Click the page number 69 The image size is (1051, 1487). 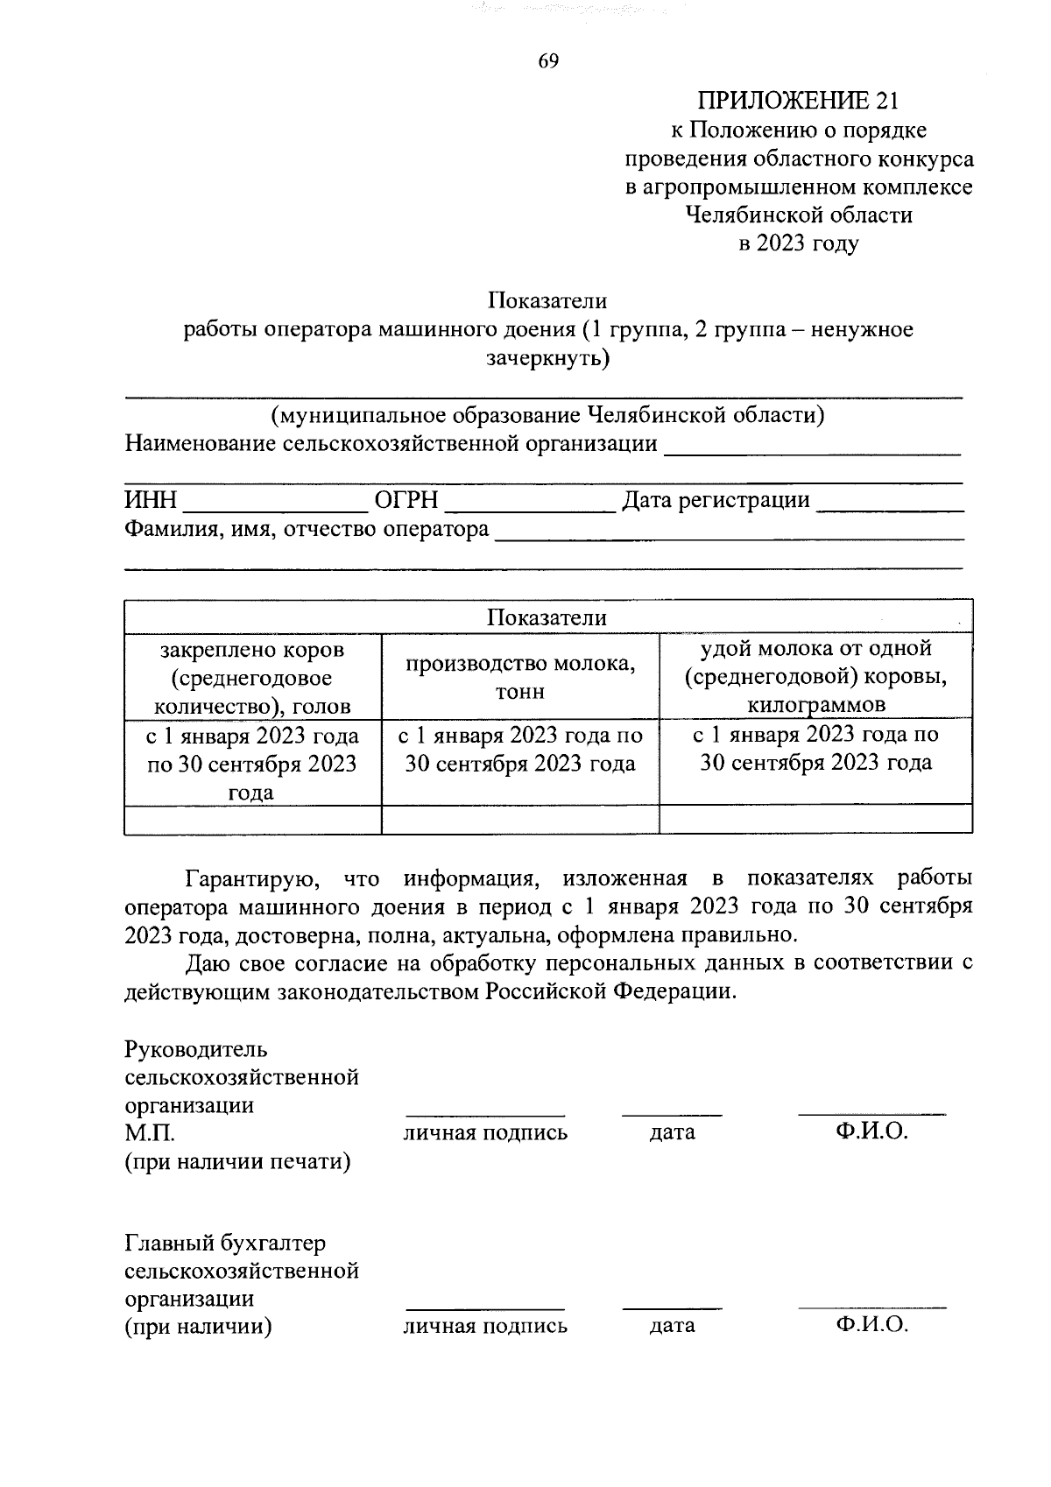click(548, 60)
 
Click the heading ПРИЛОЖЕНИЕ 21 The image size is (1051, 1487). click(797, 101)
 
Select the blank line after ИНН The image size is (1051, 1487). click(276, 503)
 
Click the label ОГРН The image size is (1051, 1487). click(406, 501)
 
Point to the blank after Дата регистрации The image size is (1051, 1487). click(888, 503)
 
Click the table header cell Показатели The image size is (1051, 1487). click(547, 617)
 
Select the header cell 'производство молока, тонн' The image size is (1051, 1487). click(520, 677)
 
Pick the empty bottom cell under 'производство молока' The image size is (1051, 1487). click(520, 819)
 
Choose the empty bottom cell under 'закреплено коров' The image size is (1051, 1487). click(252, 819)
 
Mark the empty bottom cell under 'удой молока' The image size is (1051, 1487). click(815, 819)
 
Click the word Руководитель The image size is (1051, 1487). click(196, 1049)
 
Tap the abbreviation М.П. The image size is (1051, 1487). click(150, 1133)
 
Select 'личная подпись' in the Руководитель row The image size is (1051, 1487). click(485, 1133)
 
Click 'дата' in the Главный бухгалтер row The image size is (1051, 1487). click(672, 1326)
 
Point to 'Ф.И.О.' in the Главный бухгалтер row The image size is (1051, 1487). click(871, 1325)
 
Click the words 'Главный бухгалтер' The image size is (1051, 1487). click(225, 1244)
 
